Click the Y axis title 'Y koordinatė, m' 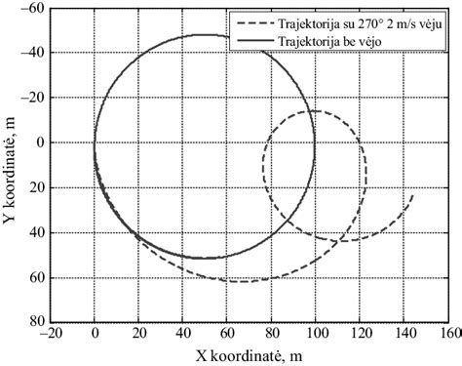tap(12, 164)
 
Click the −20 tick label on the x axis tap(48, 333)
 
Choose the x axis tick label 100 tap(315, 333)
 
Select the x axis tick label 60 tap(227, 333)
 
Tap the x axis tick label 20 tap(139, 333)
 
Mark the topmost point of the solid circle tap(204, 35)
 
